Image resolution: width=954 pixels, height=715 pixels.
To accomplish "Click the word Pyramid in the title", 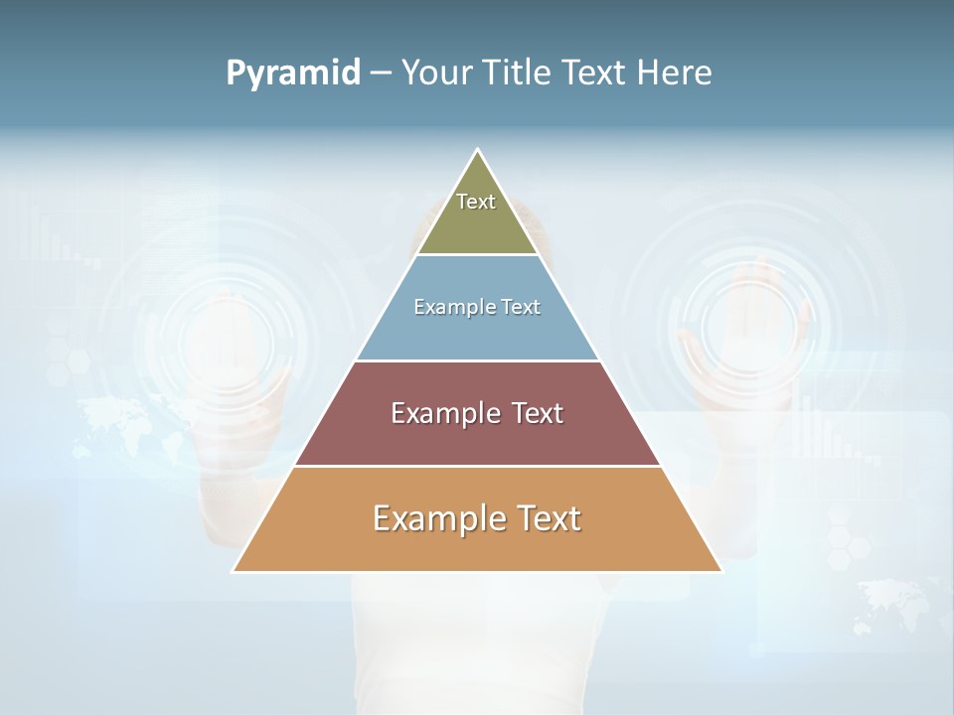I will point(292,73).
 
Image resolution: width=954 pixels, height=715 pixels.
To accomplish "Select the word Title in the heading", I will point(520,73).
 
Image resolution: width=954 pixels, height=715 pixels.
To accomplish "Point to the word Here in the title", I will point(675,73).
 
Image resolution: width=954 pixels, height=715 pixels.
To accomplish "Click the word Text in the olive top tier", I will point(476,202).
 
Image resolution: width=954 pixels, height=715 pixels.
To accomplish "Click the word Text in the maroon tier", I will point(536,413).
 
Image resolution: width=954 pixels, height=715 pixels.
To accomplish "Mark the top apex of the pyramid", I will point(477,150).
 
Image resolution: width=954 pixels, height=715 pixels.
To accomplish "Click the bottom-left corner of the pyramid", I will point(234,571).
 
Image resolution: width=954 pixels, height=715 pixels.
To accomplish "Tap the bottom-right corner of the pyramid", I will point(721,571).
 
